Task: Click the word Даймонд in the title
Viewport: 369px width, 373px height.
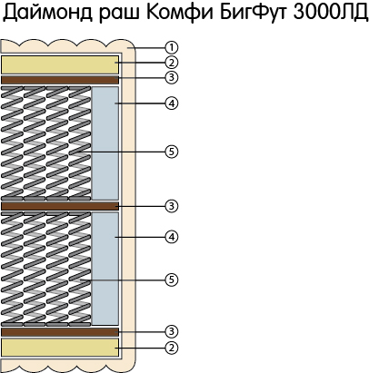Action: click(47, 14)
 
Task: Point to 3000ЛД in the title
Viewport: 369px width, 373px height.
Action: click(330, 13)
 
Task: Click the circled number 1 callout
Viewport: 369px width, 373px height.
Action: click(172, 47)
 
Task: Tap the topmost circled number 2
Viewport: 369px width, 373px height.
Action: click(172, 63)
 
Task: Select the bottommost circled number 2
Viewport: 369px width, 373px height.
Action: click(172, 348)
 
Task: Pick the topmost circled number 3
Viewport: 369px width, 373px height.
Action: click(172, 77)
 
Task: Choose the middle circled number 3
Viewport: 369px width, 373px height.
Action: click(172, 206)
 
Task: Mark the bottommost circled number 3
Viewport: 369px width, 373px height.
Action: click(172, 331)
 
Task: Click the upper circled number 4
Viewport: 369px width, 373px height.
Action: click(172, 103)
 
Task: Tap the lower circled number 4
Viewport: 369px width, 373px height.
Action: click(172, 237)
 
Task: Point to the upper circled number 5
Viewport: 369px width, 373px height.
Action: click(172, 152)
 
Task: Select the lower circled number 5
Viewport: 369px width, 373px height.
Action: click(172, 280)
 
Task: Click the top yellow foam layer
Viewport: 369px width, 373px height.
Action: click(60, 64)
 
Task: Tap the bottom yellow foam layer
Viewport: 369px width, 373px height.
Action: click(60, 348)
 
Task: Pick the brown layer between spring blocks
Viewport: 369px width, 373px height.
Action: click(60, 206)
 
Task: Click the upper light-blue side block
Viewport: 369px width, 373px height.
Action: click(105, 143)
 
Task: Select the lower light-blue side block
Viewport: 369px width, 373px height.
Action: click(105, 269)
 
